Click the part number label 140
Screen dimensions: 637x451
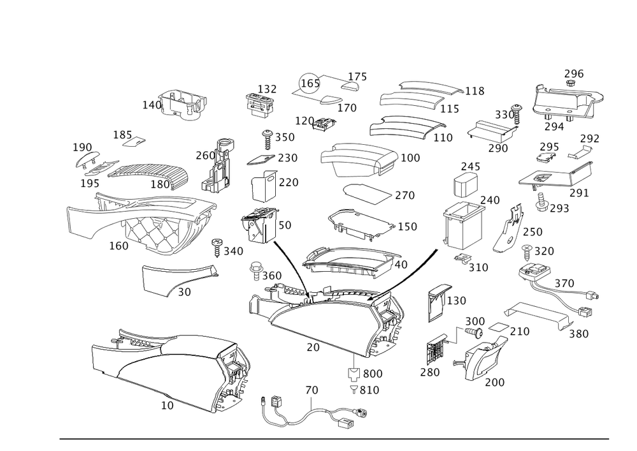(x=151, y=105)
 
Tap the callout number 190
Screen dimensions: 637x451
(x=83, y=147)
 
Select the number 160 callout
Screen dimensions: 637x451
(x=119, y=246)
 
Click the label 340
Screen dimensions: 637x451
(x=233, y=253)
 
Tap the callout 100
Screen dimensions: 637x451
(x=412, y=157)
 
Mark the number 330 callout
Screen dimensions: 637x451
(x=504, y=114)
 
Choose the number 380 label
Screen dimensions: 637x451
(x=578, y=334)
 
